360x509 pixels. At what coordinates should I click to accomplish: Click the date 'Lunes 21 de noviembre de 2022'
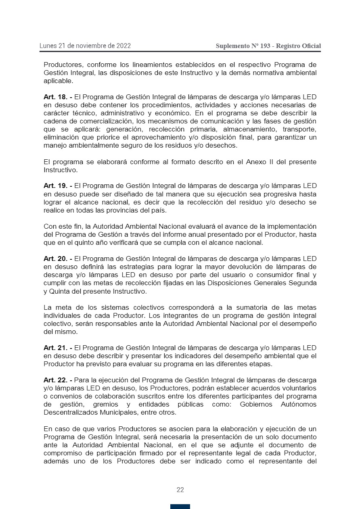pyautogui.click(x=85, y=46)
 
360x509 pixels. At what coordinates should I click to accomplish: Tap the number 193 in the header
pyautogui.click(x=265, y=46)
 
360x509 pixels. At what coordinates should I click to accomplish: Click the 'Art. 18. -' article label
pyautogui.click(x=58, y=97)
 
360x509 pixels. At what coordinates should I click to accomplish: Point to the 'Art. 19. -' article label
pyautogui.click(x=58, y=186)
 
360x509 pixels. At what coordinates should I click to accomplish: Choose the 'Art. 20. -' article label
pyautogui.click(x=58, y=259)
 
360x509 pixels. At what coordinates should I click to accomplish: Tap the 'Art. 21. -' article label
pyautogui.click(x=58, y=348)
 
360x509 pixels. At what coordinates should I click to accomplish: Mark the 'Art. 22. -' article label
pyautogui.click(x=58, y=380)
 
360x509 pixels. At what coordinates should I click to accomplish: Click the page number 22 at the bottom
pyautogui.click(x=180, y=490)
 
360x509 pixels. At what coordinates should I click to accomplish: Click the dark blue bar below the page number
pyautogui.click(x=180, y=506)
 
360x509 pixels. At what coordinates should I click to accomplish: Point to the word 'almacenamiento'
pyautogui.click(x=229, y=129)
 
